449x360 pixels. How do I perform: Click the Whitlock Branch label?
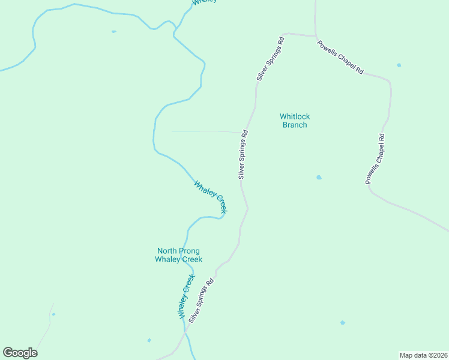294,121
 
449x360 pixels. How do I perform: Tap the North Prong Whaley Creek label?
178,255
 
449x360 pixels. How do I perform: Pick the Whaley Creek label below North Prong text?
186,296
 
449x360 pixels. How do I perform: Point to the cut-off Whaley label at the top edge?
205,2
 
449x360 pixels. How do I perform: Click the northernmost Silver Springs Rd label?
270,59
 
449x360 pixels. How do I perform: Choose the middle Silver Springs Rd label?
243,155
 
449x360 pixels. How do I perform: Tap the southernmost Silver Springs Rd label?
201,301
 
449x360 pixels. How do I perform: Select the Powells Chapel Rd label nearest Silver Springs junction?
340,58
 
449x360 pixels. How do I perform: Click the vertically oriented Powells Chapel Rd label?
376,159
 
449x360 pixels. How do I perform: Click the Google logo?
20,353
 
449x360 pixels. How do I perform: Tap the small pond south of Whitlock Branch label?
319,178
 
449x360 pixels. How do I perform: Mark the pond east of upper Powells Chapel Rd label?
399,65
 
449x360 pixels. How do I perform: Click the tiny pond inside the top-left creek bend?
113,31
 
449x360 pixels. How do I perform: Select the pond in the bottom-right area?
343,323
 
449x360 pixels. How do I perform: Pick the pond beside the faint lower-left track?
53,314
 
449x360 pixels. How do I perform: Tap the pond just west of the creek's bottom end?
149,340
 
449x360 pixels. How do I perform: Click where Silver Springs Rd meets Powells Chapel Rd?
315,36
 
